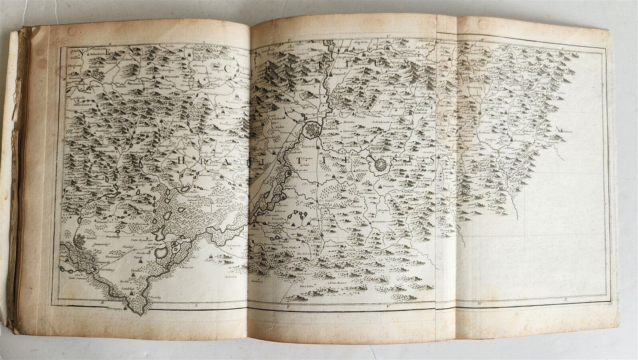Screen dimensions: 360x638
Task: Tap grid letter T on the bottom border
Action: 287,305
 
